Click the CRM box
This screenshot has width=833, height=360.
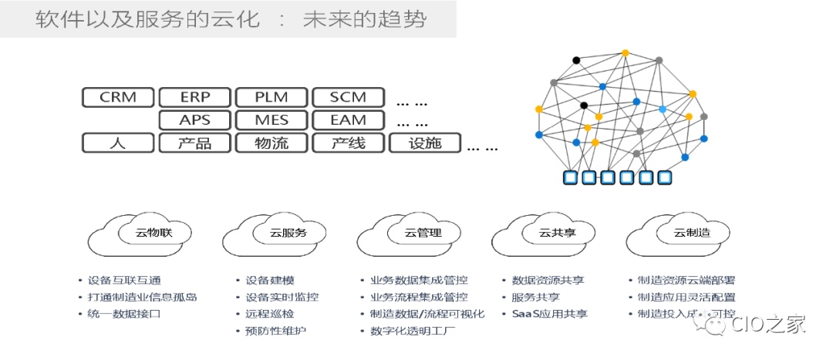118,97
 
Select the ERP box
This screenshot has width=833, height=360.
194,97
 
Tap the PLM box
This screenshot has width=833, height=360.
271,97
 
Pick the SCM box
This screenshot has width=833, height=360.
347,97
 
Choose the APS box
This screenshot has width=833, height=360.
194,119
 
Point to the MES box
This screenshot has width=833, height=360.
271,119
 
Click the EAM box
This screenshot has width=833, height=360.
347,119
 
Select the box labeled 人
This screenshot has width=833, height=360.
118,143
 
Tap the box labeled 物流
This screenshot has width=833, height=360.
271,143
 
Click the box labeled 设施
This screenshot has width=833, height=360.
424,143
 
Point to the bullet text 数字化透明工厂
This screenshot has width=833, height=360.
414,331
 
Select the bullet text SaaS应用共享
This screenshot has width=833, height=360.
549,315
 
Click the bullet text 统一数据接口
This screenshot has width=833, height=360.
123,315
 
